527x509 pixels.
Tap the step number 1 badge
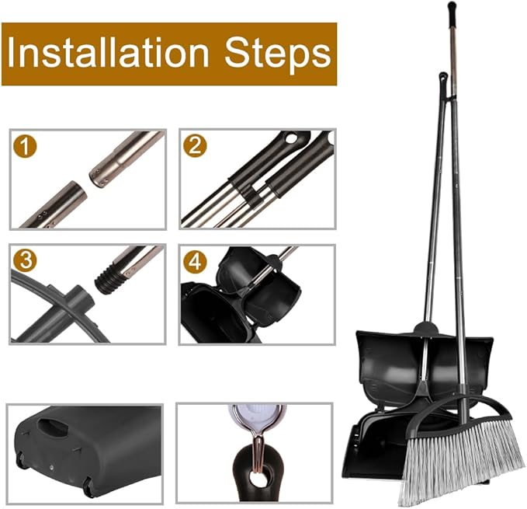coord(25,146)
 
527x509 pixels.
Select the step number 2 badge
coord(195,146)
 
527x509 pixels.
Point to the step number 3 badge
coord(25,260)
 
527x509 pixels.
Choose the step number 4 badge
coord(195,261)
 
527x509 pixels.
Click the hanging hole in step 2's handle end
coord(291,138)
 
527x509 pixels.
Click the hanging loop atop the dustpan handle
coord(443,79)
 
